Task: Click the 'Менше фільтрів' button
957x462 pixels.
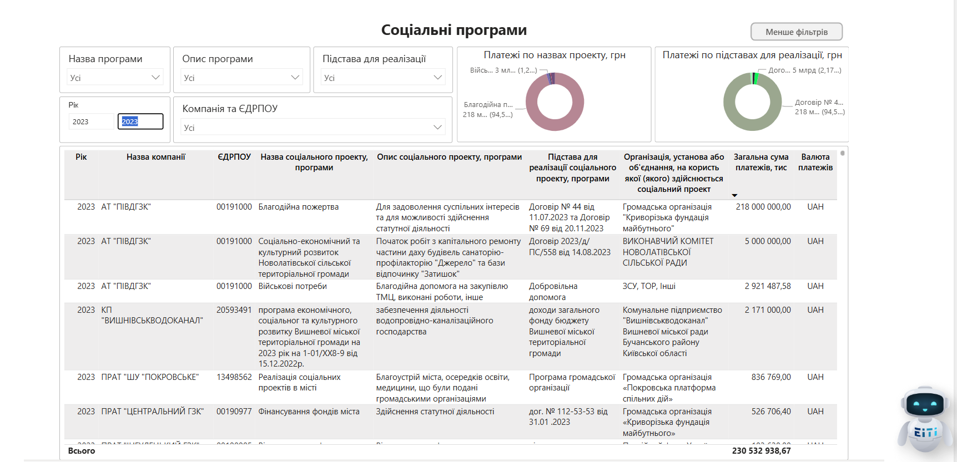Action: coord(796,32)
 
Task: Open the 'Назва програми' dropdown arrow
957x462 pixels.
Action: coord(155,78)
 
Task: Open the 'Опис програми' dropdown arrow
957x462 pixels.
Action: coord(295,78)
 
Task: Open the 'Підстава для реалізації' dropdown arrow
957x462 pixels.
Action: coord(438,78)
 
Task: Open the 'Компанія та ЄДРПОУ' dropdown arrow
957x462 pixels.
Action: coord(438,128)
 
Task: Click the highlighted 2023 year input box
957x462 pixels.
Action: coord(140,121)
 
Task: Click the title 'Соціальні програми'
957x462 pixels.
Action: coord(454,30)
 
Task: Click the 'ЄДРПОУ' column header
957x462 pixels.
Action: coord(234,157)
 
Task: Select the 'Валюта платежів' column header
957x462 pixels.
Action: coord(815,162)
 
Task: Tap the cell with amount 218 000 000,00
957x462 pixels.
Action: coord(763,207)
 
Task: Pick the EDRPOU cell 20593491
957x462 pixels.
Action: coord(234,310)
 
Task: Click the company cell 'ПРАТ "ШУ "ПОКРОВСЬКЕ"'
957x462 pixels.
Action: coord(150,377)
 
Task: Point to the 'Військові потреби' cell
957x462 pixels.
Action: coord(293,286)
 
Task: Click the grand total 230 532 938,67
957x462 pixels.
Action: coord(761,451)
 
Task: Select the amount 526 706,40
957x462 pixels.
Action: coord(771,412)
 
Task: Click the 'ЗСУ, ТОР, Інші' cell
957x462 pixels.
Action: coord(649,286)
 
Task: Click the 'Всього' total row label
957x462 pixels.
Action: coord(82,451)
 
